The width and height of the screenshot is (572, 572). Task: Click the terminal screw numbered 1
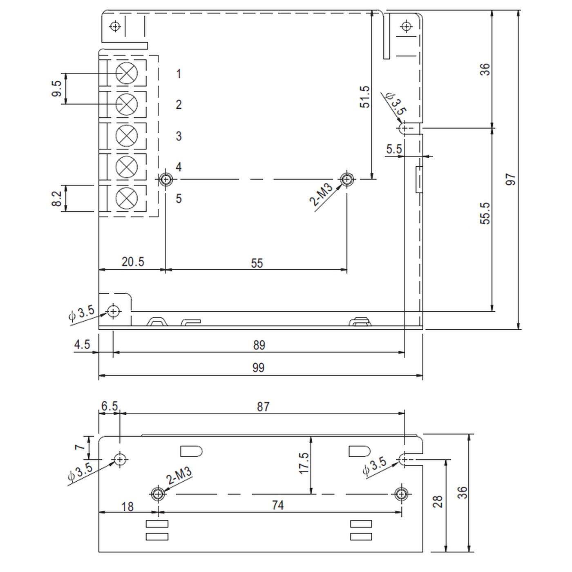pyautogui.click(x=127, y=73)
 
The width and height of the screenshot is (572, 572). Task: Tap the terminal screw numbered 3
pyautogui.click(x=127, y=136)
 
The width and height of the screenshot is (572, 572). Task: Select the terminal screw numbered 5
pyautogui.click(x=127, y=199)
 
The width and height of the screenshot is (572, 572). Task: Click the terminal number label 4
pyautogui.click(x=179, y=167)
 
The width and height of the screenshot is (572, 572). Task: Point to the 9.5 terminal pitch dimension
pyautogui.click(x=57, y=89)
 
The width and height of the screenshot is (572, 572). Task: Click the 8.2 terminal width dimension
pyautogui.click(x=57, y=199)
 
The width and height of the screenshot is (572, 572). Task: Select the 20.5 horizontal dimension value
pyautogui.click(x=133, y=261)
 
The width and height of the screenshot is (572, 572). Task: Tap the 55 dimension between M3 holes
pyautogui.click(x=257, y=263)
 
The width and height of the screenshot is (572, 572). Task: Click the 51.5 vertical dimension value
pyautogui.click(x=364, y=97)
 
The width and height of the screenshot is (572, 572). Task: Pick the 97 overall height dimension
pyautogui.click(x=511, y=179)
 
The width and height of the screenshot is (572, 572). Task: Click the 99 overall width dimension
pyautogui.click(x=258, y=368)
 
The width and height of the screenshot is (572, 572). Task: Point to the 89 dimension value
pyautogui.click(x=259, y=345)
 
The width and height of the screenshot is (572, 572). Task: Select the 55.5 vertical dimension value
pyautogui.click(x=485, y=213)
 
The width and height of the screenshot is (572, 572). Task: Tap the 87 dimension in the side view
pyautogui.click(x=263, y=407)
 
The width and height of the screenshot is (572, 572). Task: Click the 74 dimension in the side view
pyautogui.click(x=277, y=505)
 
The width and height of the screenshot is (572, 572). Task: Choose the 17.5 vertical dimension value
pyautogui.click(x=304, y=463)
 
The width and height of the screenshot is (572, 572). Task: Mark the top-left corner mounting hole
pyautogui.click(x=116, y=27)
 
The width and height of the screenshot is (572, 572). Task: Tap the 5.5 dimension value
pyautogui.click(x=394, y=149)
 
